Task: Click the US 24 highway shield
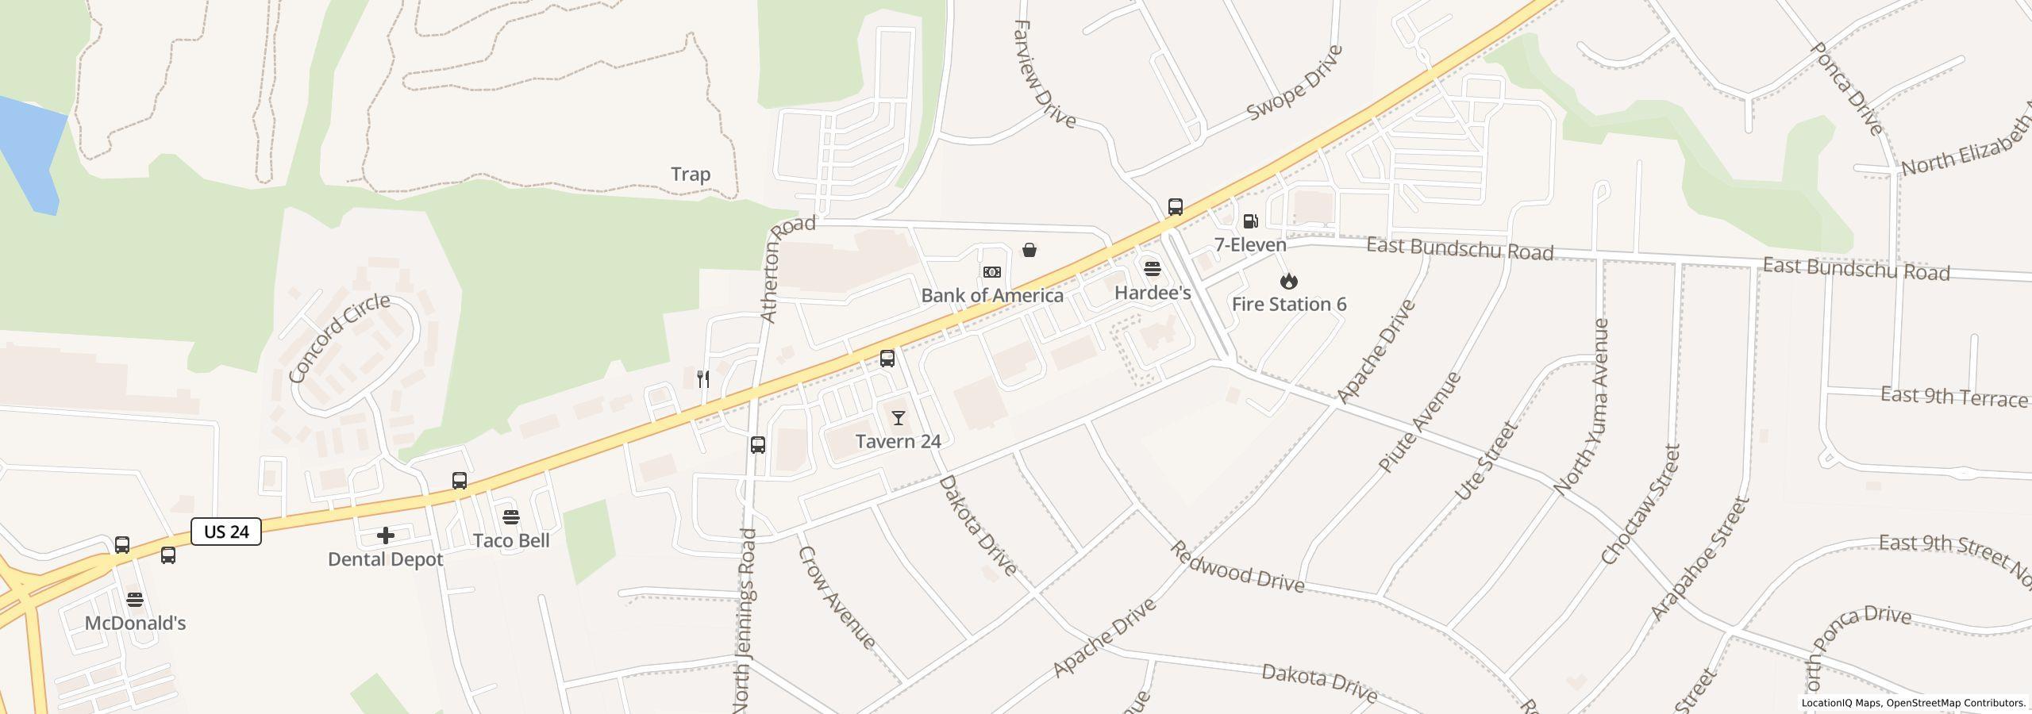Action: click(x=226, y=532)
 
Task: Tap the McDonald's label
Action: click(x=135, y=623)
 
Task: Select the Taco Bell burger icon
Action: click(x=511, y=518)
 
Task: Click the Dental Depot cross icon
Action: click(x=386, y=535)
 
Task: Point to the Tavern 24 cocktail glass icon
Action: click(x=899, y=418)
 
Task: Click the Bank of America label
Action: click(x=992, y=295)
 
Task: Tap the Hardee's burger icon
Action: click(x=1153, y=269)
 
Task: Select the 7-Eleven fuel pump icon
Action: click(x=1250, y=221)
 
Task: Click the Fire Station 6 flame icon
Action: click(x=1289, y=281)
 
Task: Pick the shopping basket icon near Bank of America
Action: click(x=1029, y=250)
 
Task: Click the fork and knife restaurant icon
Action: click(x=702, y=378)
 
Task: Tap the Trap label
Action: click(x=691, y=174)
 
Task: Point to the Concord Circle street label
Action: click(x=340, y=337)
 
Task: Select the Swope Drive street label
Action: click(x=1294, y=83)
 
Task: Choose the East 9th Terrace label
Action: click(x=1953, y=396)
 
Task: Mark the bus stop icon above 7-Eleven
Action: click(x=1176, y=207)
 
